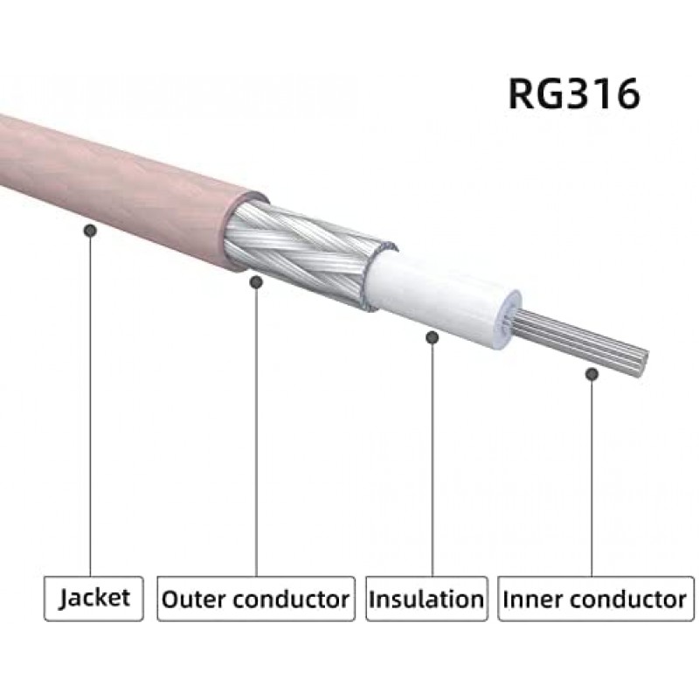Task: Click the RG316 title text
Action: (574, 94)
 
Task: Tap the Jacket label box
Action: (93, 599)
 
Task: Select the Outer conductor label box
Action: (256, 599)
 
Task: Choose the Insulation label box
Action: (426, 599)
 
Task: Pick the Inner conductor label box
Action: (596, 599)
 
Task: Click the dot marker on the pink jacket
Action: (91, 231)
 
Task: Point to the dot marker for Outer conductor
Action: (256, 281)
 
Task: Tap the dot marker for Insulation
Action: (432, 337)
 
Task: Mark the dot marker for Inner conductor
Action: (592, 374)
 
